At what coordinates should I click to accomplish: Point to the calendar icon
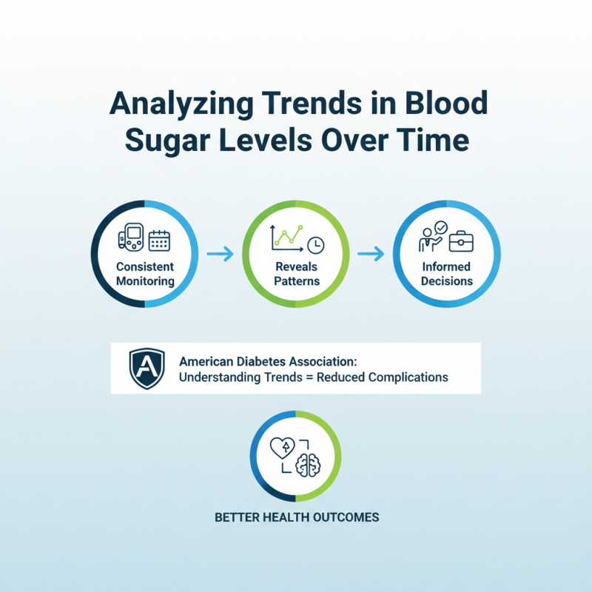(159, 240)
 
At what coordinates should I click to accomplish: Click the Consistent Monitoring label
(145, 274)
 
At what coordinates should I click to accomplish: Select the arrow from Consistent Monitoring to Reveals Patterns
(220, 255)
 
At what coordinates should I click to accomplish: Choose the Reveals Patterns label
(295, 274)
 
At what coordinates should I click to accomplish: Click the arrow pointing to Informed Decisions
(371, 255)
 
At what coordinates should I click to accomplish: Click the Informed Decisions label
(446, 274)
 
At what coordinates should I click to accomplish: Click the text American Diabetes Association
(268, 362)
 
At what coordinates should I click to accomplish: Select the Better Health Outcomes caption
(296, 517)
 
